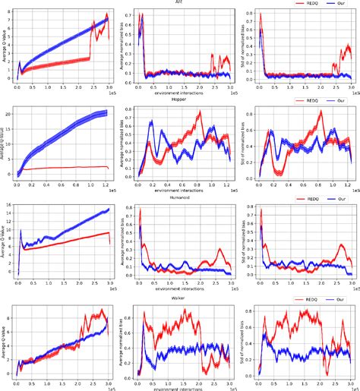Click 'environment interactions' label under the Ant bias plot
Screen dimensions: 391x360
point(178,92)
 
